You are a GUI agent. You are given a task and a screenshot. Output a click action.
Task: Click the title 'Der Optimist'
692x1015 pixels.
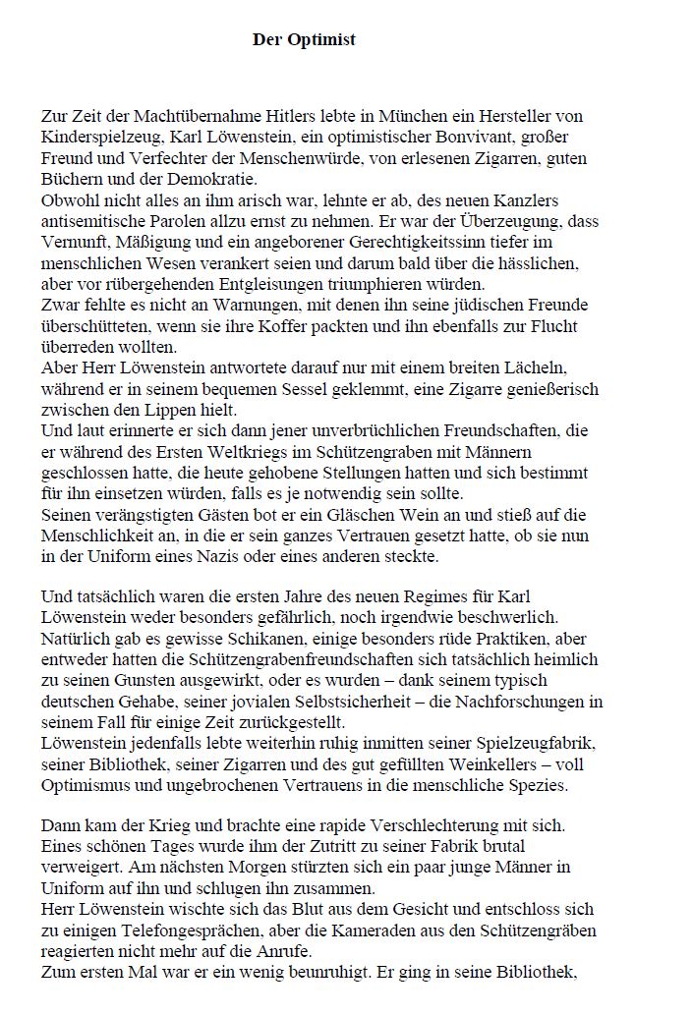304,40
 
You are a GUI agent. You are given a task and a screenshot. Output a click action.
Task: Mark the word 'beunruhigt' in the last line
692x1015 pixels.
342,973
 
